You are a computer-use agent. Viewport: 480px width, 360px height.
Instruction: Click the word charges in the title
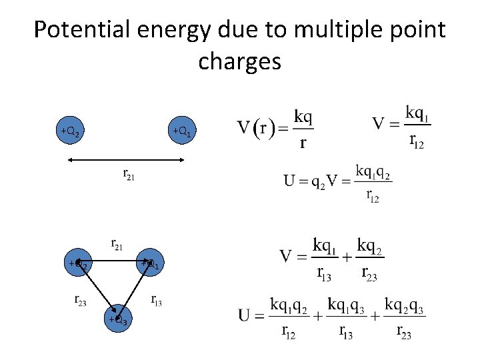(x=239, y=61)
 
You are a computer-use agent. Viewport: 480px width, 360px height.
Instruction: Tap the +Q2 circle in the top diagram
(x=70, y=131)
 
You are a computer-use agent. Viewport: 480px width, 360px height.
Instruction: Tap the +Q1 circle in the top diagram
(x=182, y=131)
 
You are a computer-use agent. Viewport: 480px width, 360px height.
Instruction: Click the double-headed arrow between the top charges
(x=126, y=159)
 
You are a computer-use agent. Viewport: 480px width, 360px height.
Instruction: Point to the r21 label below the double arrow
(x=128, y=175)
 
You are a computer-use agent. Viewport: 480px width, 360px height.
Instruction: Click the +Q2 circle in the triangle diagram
(x=78, y=264)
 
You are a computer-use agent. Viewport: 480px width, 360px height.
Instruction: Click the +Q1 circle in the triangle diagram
(x=151, y=264)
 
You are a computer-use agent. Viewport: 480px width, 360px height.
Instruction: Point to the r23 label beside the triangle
(x=80, y=300)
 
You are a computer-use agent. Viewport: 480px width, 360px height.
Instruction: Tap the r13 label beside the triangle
(x=156, y=300)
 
